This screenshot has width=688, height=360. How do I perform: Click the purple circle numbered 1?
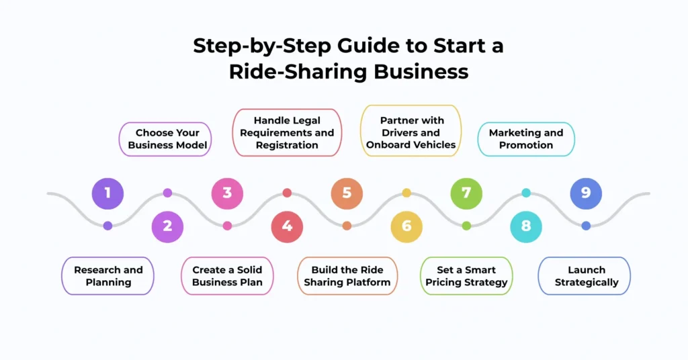(x=107, y=193)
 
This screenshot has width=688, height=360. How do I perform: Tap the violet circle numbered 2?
(x=167, y=226)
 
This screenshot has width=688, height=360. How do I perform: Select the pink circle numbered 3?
(x=227, y=193)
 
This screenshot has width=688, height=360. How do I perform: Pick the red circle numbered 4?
(x=287, y=226)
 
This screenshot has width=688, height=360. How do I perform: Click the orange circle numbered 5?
(x=347, y=193)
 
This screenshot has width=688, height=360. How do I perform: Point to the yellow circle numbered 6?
(x=406, y=226)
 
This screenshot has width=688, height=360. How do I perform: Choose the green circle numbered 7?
(x=466, y=193)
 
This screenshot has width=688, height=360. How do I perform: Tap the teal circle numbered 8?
(x=526, y=226)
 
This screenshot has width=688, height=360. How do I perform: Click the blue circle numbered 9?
(x=586, y=193)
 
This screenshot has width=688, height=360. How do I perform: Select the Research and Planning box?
(x=108, y=276)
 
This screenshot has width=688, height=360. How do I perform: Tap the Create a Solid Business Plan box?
(x=227, y=276)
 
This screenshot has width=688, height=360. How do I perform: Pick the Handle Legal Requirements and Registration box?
(x=287, y=132)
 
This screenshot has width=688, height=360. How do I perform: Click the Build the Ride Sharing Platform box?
(x=347, y=276)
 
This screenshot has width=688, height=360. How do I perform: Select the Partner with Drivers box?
(x=411, y=132)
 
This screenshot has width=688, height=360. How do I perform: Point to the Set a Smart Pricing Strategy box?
(x=466, y=276)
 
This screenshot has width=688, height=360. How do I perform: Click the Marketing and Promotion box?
(x=526, y=139)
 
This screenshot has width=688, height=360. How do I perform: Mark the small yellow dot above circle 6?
(x=406, y=193)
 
